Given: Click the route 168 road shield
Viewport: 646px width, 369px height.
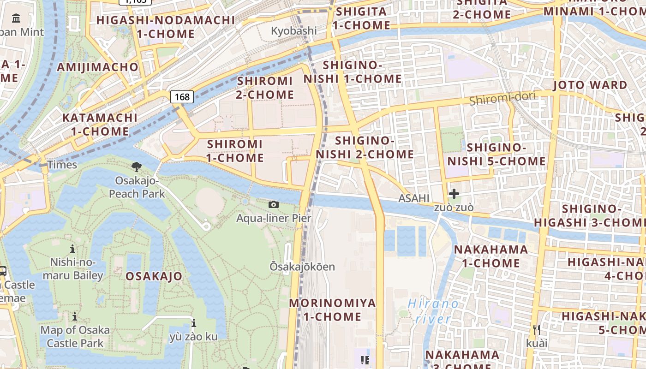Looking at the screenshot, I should [x=182, y=97].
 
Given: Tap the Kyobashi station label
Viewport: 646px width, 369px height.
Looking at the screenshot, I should [x=294, y=31].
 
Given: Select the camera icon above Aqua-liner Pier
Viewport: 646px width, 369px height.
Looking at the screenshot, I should [x=274, y=204].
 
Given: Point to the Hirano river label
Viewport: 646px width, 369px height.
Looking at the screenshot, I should [x=433, y=311].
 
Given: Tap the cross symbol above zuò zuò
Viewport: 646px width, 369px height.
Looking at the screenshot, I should [x=454, y=194].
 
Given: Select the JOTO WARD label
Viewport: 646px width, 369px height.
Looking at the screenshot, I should [x=590, y=85].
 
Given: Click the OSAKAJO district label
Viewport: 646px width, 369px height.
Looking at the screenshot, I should [x=154, y=276].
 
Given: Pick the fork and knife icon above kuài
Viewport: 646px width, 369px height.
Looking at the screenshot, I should [x=536, y=329].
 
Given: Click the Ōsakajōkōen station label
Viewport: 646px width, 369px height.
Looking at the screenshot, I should [x=302, y=267].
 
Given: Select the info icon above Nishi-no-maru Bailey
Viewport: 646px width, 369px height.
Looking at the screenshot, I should [x=72, y=249].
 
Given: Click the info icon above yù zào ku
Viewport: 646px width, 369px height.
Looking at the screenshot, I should [x=193, y=323].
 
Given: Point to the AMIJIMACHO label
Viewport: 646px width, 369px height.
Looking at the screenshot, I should [x=97, y=67].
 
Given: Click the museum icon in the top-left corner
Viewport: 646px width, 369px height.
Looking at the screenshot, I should [x=17, y=18].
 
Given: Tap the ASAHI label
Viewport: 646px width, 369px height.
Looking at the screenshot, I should [x=414, y=198].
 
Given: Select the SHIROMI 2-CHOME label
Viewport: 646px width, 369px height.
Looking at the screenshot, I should [x=265, y=88].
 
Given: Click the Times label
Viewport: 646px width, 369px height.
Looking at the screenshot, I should [x=62, y=165].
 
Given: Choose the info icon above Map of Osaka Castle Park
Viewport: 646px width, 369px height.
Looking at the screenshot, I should [x=75, y=316].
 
